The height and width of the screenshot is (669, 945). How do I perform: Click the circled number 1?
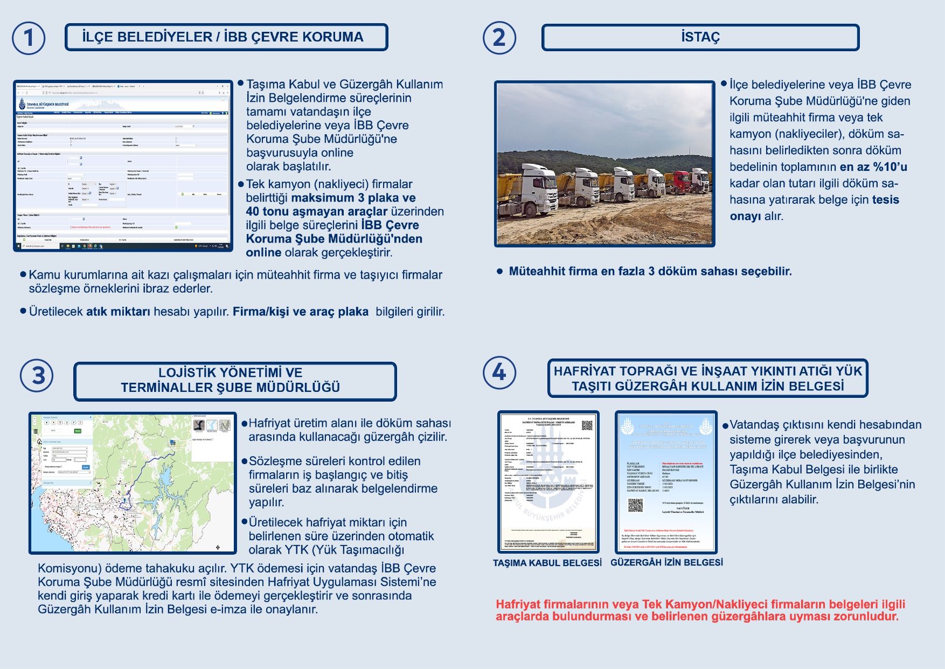pyautogui.click(x=28, y=38)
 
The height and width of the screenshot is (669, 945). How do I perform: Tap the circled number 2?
pyautogui.click(x=499, y=38)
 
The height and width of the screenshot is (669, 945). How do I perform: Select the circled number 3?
pyautogui.click(x=37, y=376)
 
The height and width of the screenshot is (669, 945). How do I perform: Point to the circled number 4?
pyautogui.click(x=499, y=373)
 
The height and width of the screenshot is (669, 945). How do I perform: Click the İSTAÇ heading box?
pyautogui.click(x=700, y=37)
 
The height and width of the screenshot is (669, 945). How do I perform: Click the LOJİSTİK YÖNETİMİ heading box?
pyautogui.click(x=235, y=381)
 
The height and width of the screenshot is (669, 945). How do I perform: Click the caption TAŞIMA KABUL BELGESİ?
pyautogui.click(x=547, y=563)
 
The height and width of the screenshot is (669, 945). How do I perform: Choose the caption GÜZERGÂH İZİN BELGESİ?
pyautogui.click(x=666, y=562)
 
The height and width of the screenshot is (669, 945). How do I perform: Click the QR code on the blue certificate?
pyautogui.click(x=635, y=505)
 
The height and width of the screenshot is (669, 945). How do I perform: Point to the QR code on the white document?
pyautogui.click(x=587, y=425)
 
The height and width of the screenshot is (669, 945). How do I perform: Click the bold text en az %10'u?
pyautogui.click(x=873, y=167)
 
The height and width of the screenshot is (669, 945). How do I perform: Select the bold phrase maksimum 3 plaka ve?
pyautogui.click(x=353, y=198)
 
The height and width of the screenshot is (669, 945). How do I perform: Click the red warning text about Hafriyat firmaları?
pyautogui.click(x=700, y=610)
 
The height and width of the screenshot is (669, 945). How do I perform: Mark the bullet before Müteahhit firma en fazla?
pyautogui.click(x=499, y=272)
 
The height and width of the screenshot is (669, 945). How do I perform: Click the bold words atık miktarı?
pyautogui.click(x=118, y=312)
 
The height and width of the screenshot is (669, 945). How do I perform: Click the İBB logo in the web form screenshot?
pyautogui.click(x=23, y=104)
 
